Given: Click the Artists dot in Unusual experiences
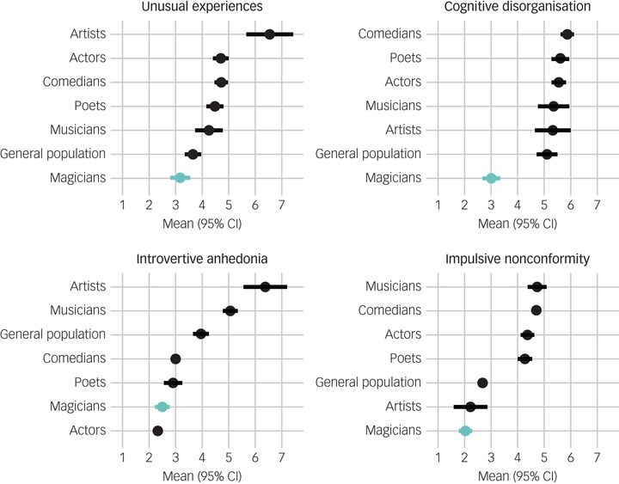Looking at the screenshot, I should [270, 34].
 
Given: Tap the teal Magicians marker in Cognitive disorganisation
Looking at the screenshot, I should [491, 178].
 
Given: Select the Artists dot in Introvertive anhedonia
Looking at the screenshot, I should [265, 286].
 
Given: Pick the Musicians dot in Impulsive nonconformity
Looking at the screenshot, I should [537, 287].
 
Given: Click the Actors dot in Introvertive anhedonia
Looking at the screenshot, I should [157, 431].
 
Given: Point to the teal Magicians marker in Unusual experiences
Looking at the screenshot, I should [180, 178].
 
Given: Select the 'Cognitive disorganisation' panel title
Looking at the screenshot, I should [518, 8].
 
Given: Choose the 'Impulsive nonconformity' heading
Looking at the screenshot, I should [518, 260].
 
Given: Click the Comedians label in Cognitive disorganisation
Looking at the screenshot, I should [393, 34].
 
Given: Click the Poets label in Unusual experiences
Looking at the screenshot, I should [89, 106].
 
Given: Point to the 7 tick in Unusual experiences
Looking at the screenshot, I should [281, 204].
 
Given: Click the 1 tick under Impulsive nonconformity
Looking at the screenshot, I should [438, 456].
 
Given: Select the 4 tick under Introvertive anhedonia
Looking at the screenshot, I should [202, 456].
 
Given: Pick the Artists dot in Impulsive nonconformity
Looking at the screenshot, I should [470, 407].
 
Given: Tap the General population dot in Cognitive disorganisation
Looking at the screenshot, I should [547, 154].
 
